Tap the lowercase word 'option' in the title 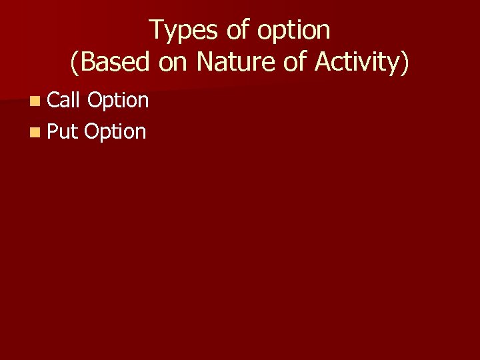[291, 31]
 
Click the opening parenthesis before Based [74, 63]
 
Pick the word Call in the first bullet [64, 100]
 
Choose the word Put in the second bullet [63, 131]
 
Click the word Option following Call [118, 101]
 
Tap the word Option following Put [115, 132]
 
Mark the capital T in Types [155, 30]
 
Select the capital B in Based [87, 62]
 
